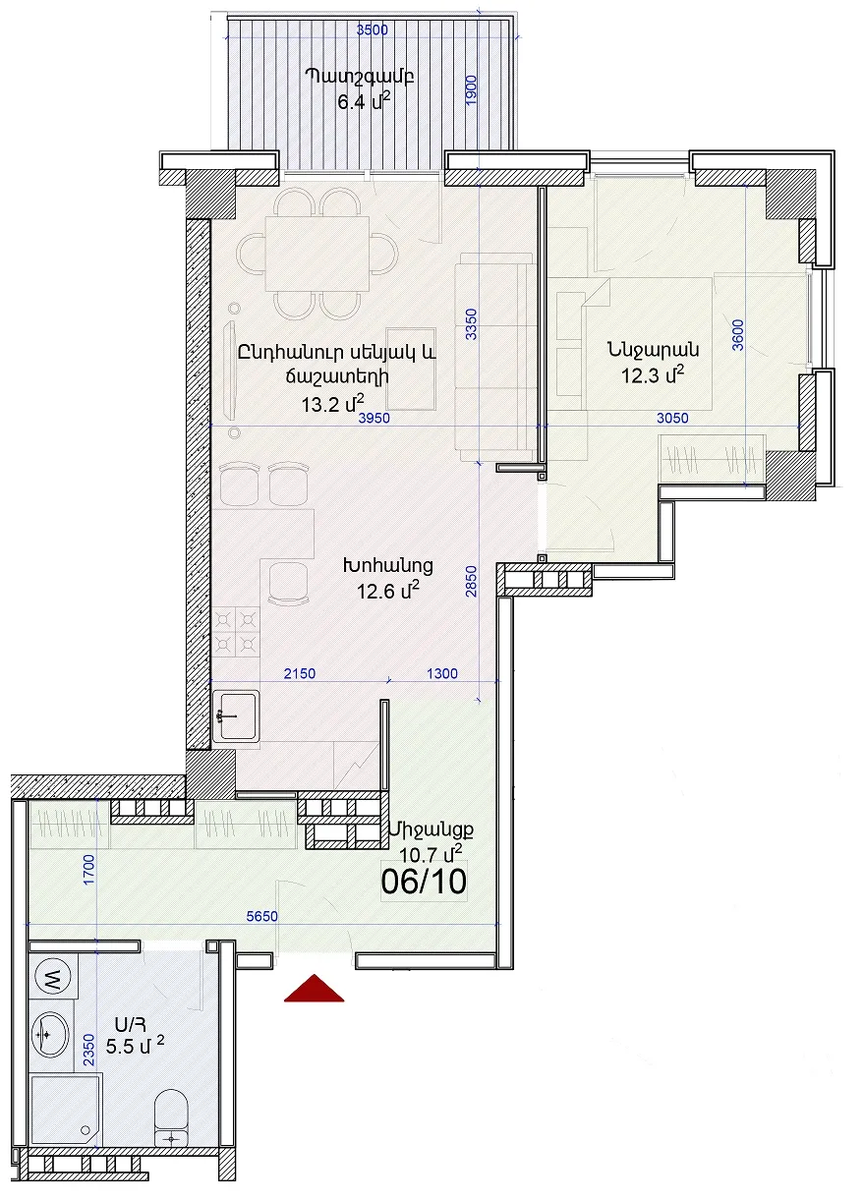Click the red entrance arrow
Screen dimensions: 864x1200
[x=314, y=990]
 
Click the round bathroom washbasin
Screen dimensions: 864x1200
[x=51, y=1035]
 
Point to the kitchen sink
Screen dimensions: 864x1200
[x=236, y=715]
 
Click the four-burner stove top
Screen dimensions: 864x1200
[x=236, y=632]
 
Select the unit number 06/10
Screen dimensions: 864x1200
[x=424, y=882]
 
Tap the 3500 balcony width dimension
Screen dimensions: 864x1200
[x=372, y=30]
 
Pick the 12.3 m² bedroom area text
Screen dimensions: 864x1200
[x=653, y=374]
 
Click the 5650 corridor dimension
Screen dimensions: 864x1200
[x=261, y=916]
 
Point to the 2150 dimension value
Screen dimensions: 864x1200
[x=300, y=673]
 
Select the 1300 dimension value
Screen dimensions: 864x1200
[x=442, y=673]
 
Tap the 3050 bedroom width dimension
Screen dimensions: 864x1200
[x=672, y=418]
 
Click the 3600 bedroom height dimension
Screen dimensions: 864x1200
[x=737, y=335]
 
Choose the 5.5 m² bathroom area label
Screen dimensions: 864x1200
[x=135, y=1046]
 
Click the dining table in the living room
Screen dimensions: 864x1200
[x=317, y=253]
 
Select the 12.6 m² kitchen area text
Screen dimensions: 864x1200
[x=388, y=591]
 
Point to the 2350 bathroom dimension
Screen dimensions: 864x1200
[x=88, y=1050]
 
